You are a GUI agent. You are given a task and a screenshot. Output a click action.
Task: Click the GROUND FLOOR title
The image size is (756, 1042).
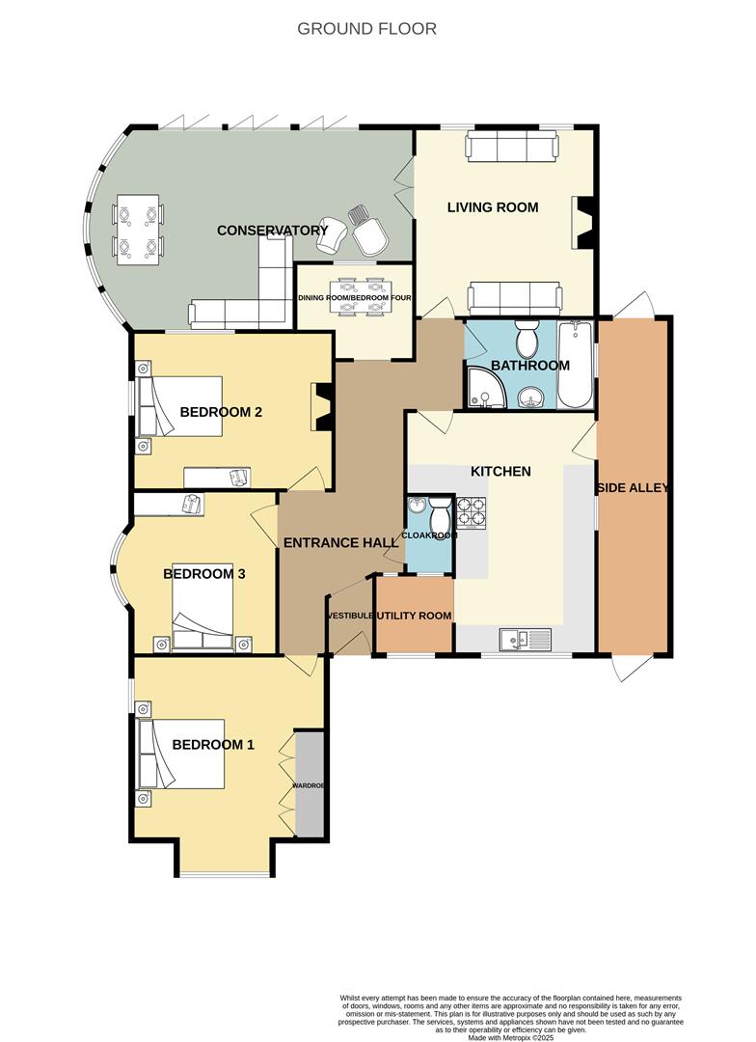click(x=366, y=29)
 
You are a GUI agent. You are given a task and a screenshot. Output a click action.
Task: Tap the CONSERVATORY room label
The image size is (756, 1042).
click(x=272, y=231)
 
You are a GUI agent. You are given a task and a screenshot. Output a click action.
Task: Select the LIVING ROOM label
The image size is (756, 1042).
click(x=492, y=207)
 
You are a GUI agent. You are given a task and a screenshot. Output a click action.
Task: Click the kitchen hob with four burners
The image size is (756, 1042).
click(x=470, y=512)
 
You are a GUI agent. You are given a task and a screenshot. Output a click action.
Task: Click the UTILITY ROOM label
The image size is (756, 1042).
click(x=414, y=616)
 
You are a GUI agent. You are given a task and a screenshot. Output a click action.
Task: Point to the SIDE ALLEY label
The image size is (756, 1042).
click(x=634, y=487)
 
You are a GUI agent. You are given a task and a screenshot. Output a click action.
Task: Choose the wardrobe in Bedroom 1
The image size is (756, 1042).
click(x=310, y=784)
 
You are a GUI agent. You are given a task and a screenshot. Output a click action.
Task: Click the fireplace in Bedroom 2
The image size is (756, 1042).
click(x=322, y=406)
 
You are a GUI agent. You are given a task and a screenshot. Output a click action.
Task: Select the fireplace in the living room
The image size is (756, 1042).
click(x=585, y=223)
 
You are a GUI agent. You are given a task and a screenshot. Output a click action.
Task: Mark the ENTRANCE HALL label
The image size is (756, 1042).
click(x=340, y=543)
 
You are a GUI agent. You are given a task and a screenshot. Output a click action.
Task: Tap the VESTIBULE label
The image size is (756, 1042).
click(x=349, y=616)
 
